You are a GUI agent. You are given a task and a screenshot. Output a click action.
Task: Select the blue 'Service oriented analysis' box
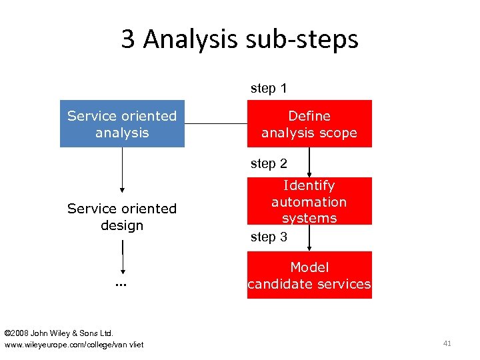(x=122, y=123)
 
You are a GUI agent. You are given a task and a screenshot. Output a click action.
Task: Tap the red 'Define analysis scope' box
(x=309, y=124)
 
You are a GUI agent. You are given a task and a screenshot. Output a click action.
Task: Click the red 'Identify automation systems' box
(x=309, y=201)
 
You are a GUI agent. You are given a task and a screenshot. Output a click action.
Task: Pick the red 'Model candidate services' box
(x=309, y=275)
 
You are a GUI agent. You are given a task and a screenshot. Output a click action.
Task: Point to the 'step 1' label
(x=269, y=88)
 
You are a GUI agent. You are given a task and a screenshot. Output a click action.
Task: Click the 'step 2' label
(x=269, y=163)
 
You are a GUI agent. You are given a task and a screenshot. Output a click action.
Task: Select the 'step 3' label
(x=269, y=237)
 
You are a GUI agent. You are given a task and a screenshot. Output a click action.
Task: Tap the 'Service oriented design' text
(x=122, y=217)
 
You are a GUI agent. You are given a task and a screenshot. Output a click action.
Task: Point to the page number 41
(x=447, y=343)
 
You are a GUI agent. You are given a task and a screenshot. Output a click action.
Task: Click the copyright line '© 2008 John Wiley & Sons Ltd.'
(x=59, y=332)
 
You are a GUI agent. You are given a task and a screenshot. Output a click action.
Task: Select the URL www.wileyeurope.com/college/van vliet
(x=73, y=344)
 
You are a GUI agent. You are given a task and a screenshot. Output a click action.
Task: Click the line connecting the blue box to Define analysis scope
(x=216, y=123)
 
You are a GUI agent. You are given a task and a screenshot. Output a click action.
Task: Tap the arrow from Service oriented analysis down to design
(x=122, y=170)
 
